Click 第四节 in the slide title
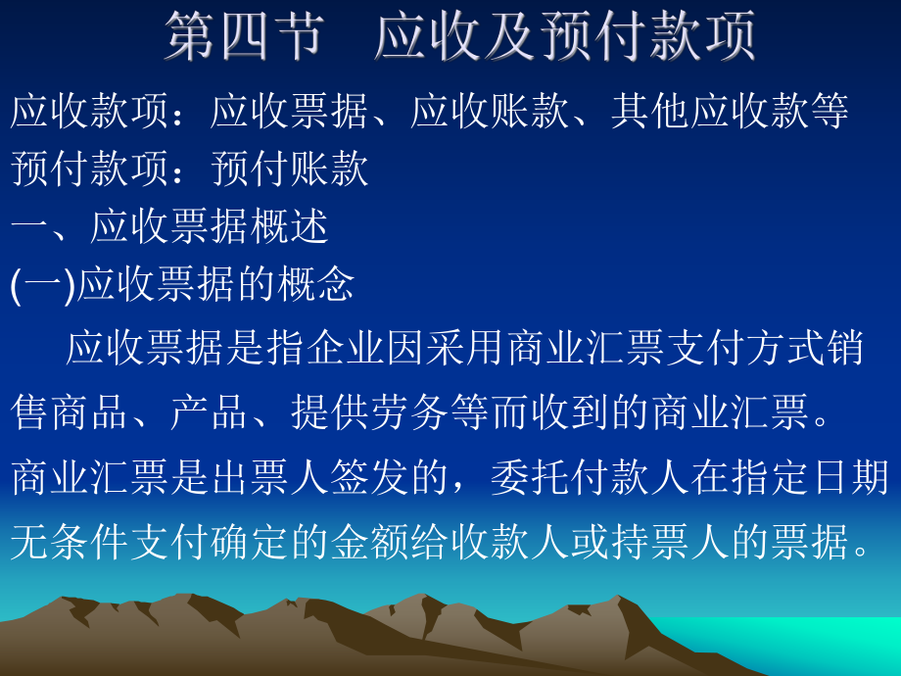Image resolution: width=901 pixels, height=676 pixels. pos(244,35)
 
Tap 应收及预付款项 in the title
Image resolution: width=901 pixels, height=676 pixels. pos(565,35)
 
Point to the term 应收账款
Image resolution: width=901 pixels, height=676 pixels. pos(490,112)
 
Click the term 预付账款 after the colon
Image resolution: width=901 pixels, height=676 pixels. pos(290,169)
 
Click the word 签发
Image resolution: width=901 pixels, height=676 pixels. pos(370,477)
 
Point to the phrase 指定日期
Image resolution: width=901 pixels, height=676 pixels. pos(810,477)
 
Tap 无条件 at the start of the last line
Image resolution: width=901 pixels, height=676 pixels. pos(71,540)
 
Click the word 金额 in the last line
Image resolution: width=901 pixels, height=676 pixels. pos(370,540)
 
